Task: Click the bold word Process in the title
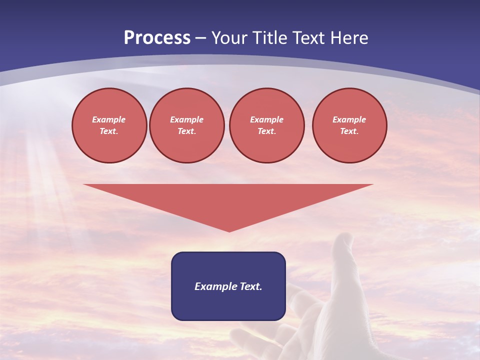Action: [157, 38]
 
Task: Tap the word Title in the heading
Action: [267, 38]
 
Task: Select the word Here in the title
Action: [348, 38]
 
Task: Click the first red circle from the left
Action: [109, 125]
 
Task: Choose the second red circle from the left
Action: [187, 125]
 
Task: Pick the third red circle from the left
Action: [266, 125]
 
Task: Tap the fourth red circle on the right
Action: [349, 125]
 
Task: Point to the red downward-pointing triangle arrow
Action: [228, 200]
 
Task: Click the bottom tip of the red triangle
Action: [229, 230]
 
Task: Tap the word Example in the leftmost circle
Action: [109, 119]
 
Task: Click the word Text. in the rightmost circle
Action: [349, 131]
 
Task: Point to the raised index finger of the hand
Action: [343, 250]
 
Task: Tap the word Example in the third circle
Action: [266, 119]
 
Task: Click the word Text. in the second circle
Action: [187, 131]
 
